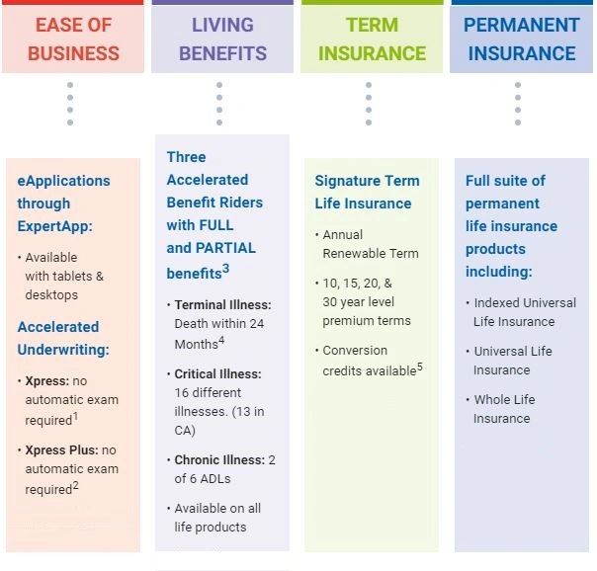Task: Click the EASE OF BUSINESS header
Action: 73,39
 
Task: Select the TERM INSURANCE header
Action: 372,39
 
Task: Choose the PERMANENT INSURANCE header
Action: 522,39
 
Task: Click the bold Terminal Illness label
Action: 222,305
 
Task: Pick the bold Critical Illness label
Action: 218,374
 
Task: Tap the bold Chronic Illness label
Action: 219,459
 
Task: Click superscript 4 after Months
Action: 221,340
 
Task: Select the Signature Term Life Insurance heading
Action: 367,192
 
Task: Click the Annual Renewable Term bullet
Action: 370,244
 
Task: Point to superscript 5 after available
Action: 419,366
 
